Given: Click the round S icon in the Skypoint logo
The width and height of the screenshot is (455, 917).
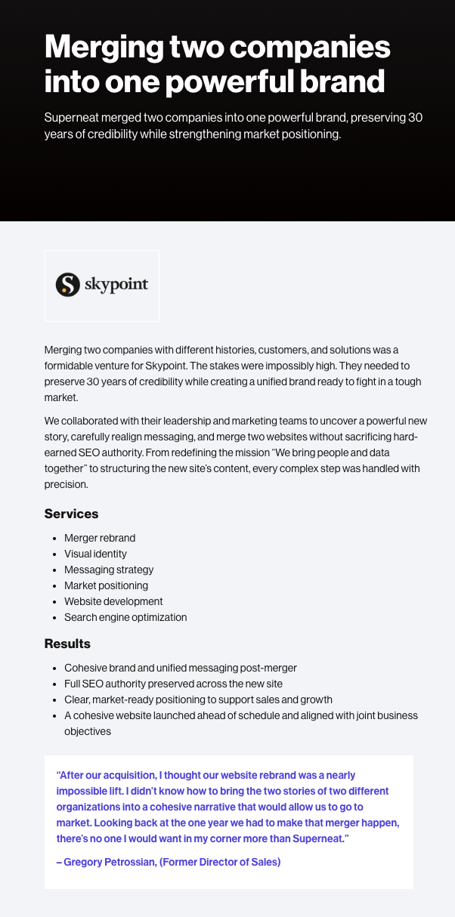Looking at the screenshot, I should pos(67,285).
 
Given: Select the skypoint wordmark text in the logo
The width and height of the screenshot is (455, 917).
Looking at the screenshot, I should pos(116,285).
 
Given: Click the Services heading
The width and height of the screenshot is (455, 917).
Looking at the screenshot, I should pos(71,514).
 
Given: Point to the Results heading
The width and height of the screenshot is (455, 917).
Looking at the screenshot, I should pos(67,644).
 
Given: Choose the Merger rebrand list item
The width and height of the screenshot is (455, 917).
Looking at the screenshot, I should pos(100,539).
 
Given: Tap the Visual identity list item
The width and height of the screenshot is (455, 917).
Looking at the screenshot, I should pos(95,554).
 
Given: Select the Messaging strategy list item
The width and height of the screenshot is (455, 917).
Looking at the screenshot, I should pos(109,570).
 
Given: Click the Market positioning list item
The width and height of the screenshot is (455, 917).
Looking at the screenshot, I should pos(106,586).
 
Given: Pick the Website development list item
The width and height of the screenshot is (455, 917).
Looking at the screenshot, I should pos(113,602).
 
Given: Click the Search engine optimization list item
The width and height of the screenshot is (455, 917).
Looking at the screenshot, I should pos(125,618).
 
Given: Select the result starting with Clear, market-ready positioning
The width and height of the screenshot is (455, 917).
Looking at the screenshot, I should pos(198,699).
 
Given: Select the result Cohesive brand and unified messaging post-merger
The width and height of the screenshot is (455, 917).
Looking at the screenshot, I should pos(181,668).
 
